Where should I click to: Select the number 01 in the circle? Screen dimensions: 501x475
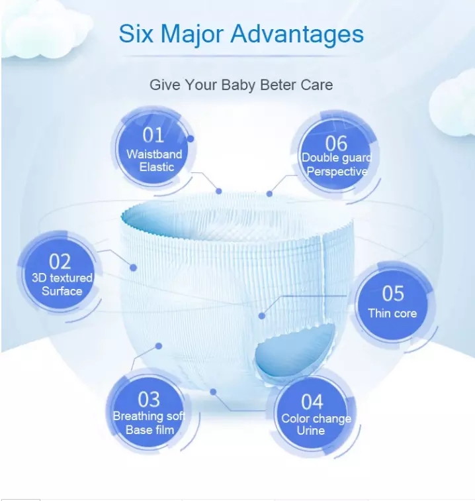pyautogui.click(x=153, y=135)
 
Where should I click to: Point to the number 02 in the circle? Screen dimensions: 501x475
pyautogui.click(x=60, y=261)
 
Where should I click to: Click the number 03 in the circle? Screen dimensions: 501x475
pyautogui.click(x=149, y=399)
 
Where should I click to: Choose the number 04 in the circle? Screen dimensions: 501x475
pyautogui.click(x=312, y=402)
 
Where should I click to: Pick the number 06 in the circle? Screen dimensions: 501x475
pyautogui.click(x=336, y=142)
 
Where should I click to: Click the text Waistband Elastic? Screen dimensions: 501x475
pyautogui.click(x=154, y=160)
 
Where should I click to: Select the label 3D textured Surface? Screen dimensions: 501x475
pyautogui.click(x=62, y=284)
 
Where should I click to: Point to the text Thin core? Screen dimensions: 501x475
pyautogui.click(x=393, y=313)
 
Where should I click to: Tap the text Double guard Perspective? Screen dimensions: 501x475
pyautogui.click(x=336, y=164)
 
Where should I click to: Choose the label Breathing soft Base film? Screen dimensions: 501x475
pyautogui.click(x=150, y=423)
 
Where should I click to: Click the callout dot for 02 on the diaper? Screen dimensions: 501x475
pyautogui.click(x=133, y=268)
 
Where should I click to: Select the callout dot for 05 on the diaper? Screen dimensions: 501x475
pyautogui.click(x=261, y=316)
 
